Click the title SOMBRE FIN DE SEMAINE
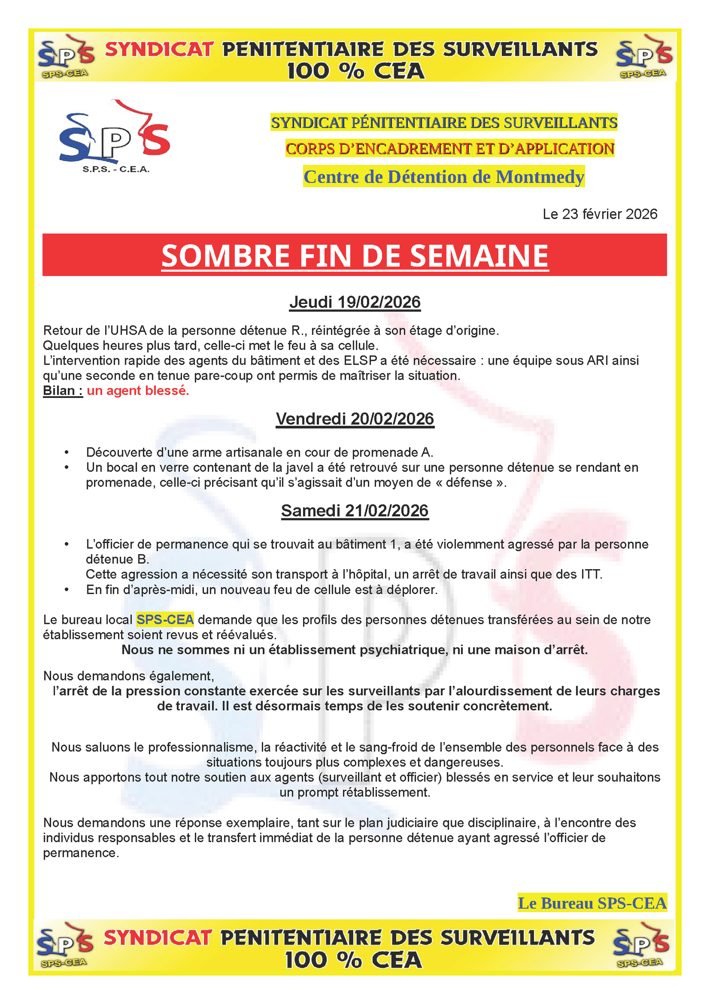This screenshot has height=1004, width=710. coord(355,256)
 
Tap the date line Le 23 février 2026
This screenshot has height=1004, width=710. coord(600,214)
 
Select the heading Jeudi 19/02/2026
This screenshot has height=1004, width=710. coord(355,302)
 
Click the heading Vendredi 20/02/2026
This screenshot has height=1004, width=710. coord(355,419)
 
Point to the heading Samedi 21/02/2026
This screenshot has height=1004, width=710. coord(355,511)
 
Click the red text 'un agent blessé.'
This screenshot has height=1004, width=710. coord(138,390)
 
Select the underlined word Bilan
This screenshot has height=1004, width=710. coord(59,390)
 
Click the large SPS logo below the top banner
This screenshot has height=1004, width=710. coord(114,136)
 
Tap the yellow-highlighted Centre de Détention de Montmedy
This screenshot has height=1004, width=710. coord(444,177)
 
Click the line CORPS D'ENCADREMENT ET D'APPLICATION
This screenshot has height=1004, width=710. coord(450,149)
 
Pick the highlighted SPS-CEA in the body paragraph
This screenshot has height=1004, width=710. coord(165,619)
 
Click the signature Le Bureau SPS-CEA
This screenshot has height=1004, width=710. coord(592,903)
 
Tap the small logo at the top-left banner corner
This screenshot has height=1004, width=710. coord(66,56)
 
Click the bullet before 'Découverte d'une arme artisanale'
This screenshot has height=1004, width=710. coord(67,453)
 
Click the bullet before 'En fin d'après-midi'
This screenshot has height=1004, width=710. coord(67,590)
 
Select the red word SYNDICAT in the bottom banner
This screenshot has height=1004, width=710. coord(157,938)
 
